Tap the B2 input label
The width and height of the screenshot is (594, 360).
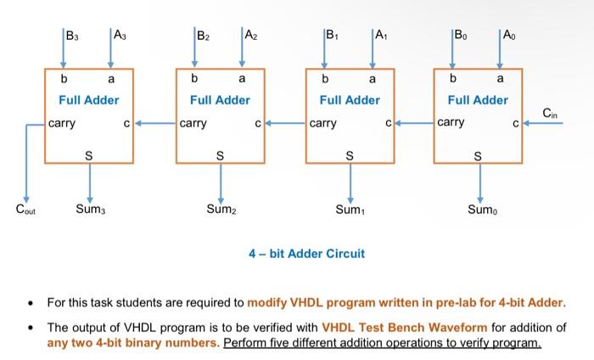204,37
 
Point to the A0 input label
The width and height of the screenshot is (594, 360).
508,37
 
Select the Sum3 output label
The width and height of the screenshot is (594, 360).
89,208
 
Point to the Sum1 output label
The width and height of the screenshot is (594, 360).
350,208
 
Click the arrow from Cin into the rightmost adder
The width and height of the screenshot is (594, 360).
543,124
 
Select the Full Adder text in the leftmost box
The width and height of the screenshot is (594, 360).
89,100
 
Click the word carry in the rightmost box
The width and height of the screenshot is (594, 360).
450,123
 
